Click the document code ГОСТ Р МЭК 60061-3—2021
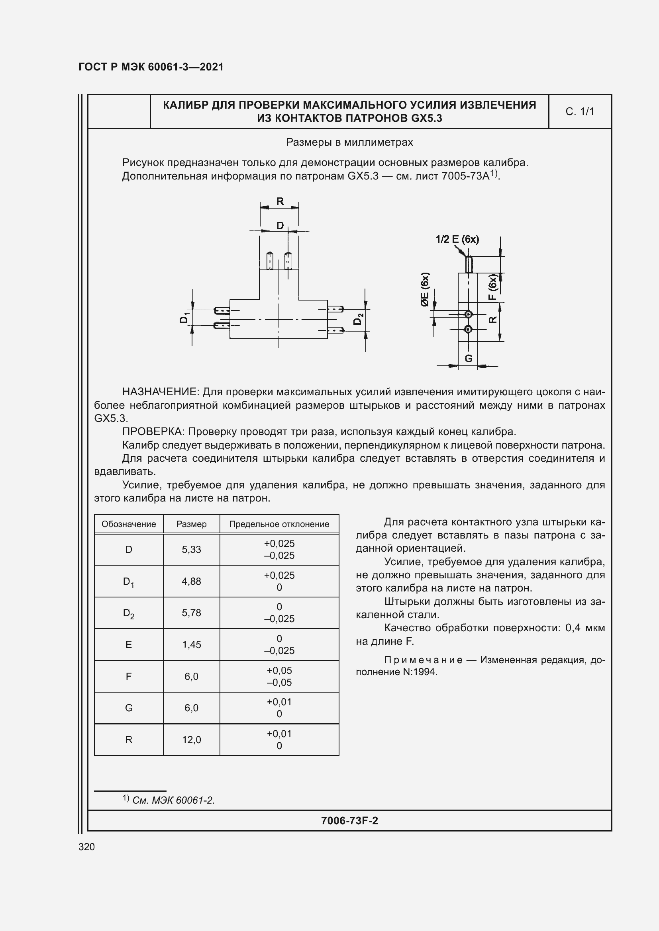pos(151,67)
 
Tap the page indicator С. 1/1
pos(579,111)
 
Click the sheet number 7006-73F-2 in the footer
pos(349,821)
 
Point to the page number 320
pos(86,847)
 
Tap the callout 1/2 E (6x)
pos(457,239)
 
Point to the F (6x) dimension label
pos(492,287)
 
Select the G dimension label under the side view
pos(468,359)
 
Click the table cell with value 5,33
pos(191,549)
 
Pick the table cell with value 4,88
pos(191,581)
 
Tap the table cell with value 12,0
pos(191,740)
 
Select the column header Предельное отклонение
pos(279,524)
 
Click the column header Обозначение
pos(128,524)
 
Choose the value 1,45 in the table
pos(191,644)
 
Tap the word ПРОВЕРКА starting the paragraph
pos(153,431)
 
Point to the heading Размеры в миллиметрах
pos(349,142)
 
